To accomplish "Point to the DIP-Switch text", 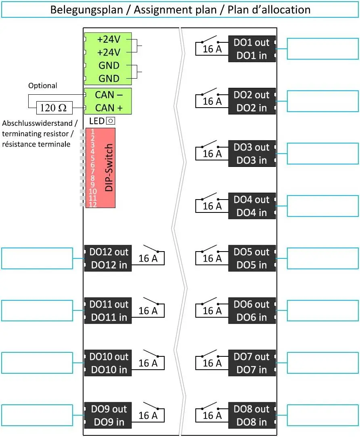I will point(109,168).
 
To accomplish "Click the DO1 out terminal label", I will point(251,42).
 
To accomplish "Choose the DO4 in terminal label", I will point(251,212).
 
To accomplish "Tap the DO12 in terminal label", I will point(109,265).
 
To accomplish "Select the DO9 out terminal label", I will point(109,409).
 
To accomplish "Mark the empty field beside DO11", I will point(37,311).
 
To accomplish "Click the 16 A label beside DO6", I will point(212,311).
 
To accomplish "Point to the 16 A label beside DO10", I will point(148,363).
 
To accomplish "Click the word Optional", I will point(42,85).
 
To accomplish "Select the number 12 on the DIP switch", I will point(93,204).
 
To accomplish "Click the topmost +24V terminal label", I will point(109,40).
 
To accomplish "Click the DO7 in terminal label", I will point(251,370).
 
